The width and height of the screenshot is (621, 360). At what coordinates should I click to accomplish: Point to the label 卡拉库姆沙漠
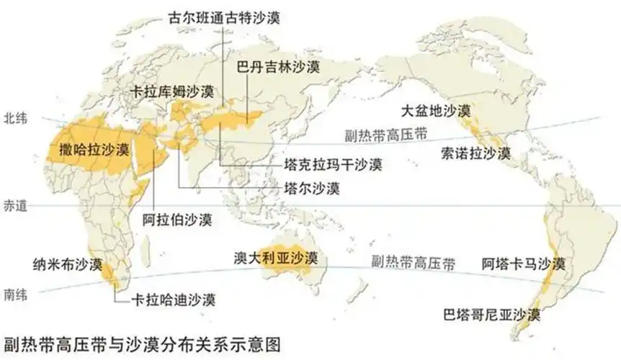point(173,92)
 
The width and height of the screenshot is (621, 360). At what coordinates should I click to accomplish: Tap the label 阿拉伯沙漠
point(177,220)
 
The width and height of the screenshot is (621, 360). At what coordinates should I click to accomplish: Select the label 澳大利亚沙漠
point(276,257)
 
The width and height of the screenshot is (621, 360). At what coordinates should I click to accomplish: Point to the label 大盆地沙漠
point(437,112)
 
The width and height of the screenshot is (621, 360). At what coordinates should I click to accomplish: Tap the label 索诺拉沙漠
point(476,153)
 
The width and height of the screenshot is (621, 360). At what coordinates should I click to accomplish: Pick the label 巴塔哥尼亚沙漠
point(493,315)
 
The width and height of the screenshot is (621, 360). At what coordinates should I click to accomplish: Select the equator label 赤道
point(15,206)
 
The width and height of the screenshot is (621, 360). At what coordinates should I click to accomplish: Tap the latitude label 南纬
point(16,294)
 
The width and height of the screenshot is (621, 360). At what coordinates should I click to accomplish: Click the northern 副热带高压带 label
point(385,133)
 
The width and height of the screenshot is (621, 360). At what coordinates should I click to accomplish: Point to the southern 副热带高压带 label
point(414,262)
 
